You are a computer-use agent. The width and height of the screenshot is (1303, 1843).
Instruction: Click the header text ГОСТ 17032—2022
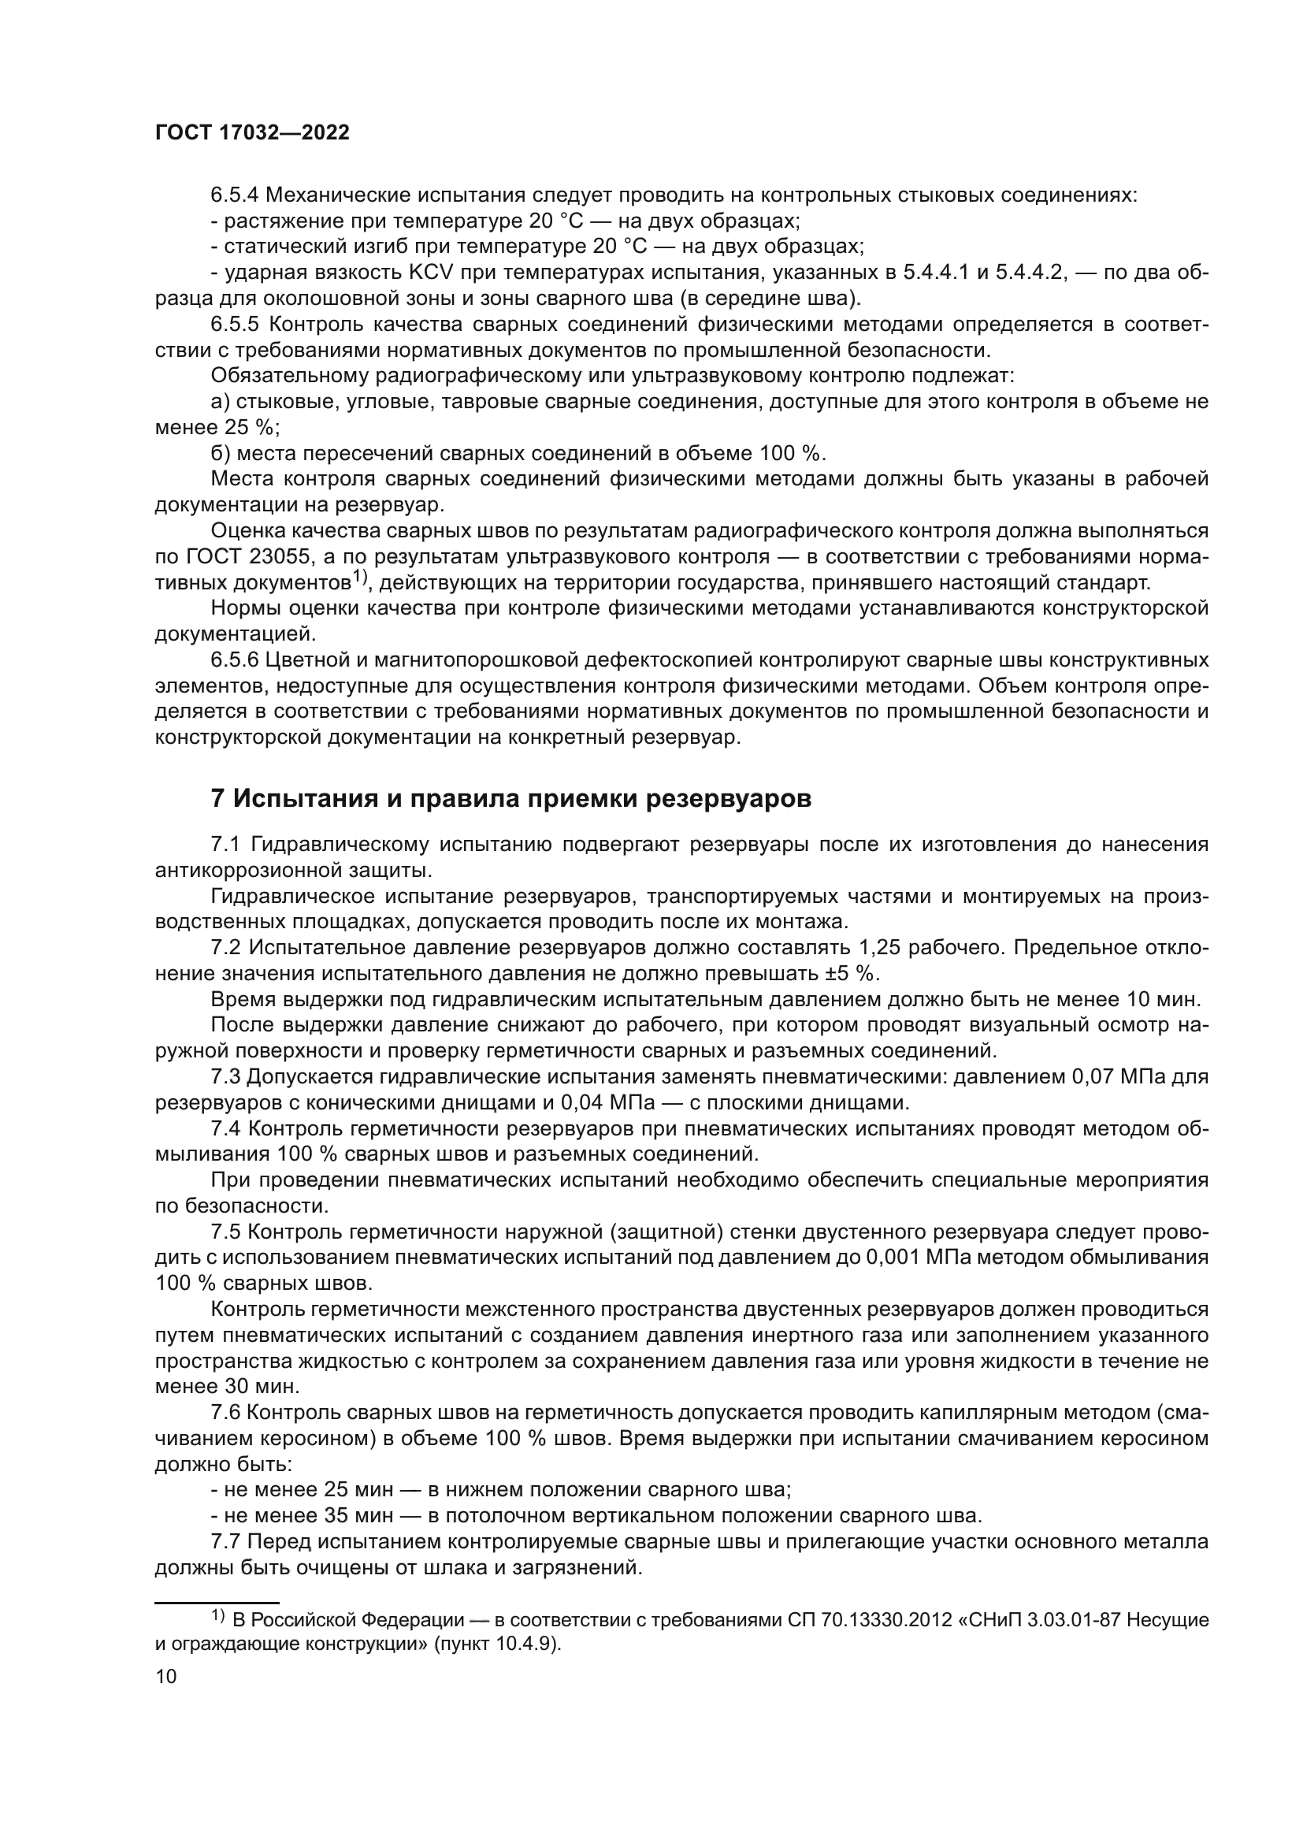pyautogui.click(x=252, y=133)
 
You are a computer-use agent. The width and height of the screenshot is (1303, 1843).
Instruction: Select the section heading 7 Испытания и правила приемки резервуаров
pyautogui.click(x=510, y=799)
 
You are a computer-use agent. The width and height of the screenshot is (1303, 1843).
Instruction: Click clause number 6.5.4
pyautogui.click(x=234, y=195)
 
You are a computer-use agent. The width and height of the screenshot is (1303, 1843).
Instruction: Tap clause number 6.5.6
pyautogui.click(x=234, y=660)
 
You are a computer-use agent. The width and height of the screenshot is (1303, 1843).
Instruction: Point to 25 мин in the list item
pyautogui.click(x=358, y=1490)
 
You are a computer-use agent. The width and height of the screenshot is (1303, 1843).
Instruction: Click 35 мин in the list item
pyautogui.click(x=358, y=1515)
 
